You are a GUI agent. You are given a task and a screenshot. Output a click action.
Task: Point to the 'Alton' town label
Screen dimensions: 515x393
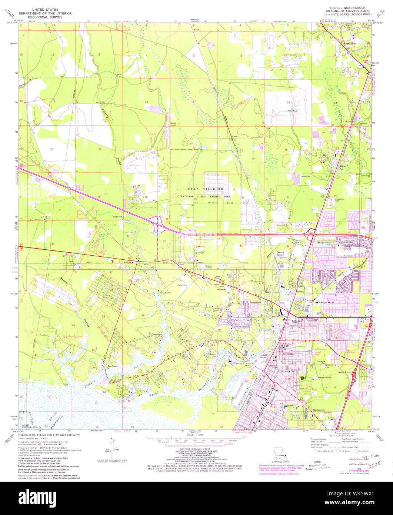point(342,167)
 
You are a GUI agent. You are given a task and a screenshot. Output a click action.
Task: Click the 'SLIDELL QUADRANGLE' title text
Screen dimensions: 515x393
point(344,8)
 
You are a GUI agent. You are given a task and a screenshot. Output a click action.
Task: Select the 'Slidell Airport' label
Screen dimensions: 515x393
point(173,124)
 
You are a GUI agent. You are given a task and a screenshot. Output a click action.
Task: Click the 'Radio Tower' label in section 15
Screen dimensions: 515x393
point(293,111)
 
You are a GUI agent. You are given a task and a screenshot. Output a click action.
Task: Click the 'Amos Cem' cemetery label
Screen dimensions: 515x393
point(306,176)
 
